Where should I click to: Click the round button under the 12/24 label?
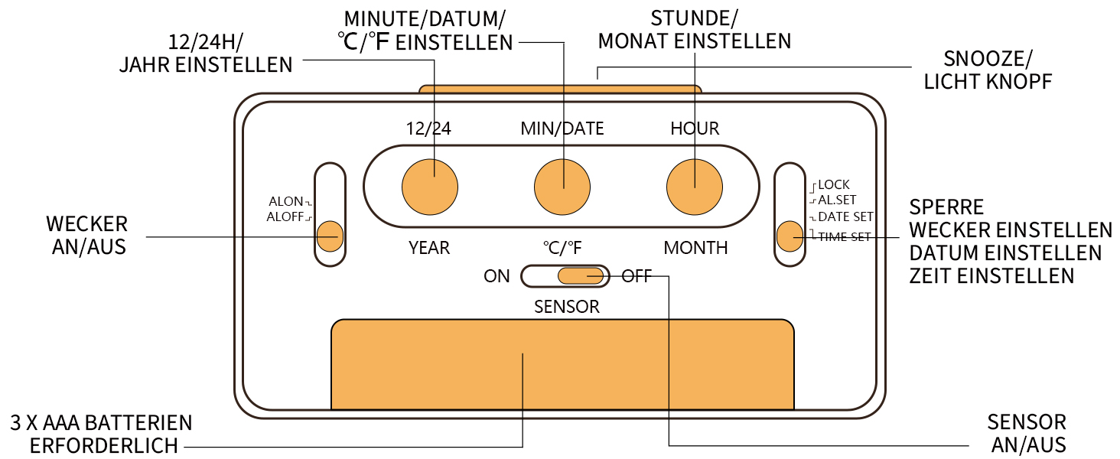coord(430,187)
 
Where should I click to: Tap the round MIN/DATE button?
coord(562,187)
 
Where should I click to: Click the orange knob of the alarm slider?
coord(330,236)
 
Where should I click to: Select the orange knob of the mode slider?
coord(790,236)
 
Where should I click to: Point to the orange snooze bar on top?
coord(560,89)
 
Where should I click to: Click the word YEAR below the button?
coord(429,248)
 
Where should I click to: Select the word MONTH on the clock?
coord(695,248)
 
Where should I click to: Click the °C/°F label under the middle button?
coord(563,248)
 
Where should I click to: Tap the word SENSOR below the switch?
coord(566,307)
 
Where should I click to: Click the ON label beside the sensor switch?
coord(497,276)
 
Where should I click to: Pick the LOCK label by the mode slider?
coord(833,185)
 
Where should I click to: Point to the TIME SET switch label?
coord(845,237)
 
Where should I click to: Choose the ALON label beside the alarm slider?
coord(285,202)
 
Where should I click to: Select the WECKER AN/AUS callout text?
coord(86,235)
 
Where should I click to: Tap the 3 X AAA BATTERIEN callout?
coord(101,434)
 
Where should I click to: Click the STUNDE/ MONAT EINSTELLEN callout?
coord(694,30)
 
